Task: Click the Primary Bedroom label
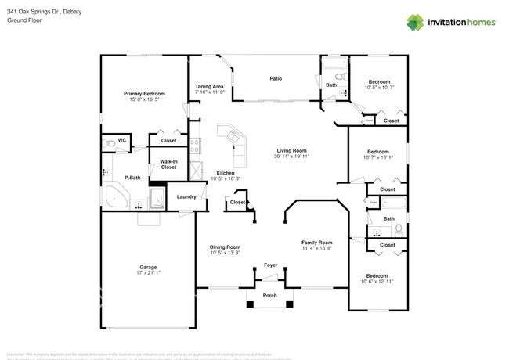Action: coord(144,93)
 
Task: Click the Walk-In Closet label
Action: coord(168,164)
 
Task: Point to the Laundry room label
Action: coord(186,196)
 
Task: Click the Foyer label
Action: coord(270,265)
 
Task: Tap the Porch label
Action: coord(270,295)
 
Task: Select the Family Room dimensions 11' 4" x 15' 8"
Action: coord(317,248)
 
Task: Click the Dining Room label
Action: coord(225,247)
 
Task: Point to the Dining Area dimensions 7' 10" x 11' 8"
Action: coord(209,92)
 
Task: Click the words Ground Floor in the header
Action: coord(23,21)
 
